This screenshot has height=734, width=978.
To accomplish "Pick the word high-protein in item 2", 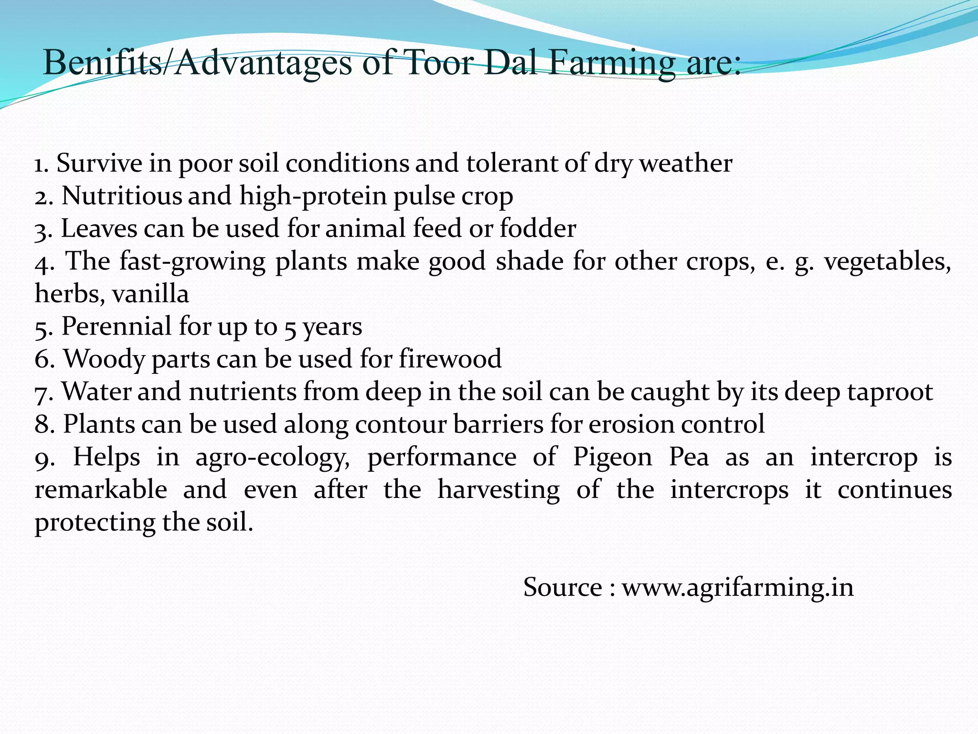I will coord(313,196).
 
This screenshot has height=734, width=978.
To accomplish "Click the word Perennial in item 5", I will coord(117,326).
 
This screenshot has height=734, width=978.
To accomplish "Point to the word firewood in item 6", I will coord(450,359).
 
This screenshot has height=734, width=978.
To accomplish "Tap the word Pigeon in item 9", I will coord(613,457).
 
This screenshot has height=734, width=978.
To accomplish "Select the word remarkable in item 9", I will coord(101,490).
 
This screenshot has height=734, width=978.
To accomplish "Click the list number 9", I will coord(44,458).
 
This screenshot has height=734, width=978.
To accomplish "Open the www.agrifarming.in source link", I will coord(737,587).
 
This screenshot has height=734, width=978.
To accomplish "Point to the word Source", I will coord(563,587).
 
